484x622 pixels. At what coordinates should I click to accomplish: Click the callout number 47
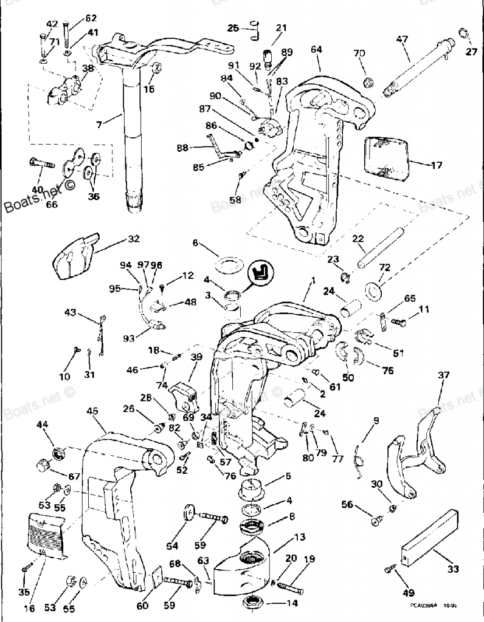(402, 39)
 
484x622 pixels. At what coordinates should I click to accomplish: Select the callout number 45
(92, 411)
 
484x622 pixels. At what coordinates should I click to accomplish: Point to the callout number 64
(316, 49)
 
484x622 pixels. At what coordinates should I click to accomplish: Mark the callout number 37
(442, 375)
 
